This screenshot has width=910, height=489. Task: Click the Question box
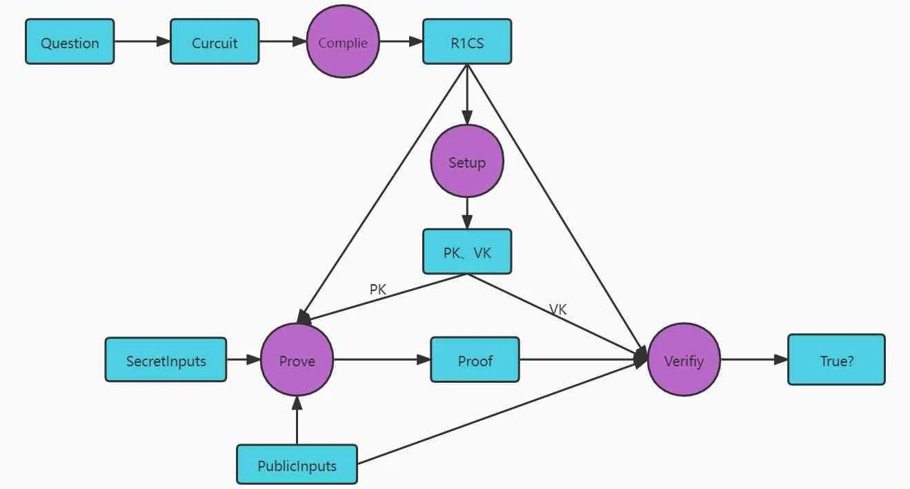(70, 42)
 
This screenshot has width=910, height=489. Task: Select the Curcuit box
(215, 42)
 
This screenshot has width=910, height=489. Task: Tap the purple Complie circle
(343, 42)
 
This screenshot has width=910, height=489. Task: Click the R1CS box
(467, 42)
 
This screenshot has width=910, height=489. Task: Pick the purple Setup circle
(467, 162)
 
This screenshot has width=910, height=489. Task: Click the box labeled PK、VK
(467, 252)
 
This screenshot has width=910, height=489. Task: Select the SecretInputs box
(166, 359)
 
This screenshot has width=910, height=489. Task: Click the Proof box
(475, 359)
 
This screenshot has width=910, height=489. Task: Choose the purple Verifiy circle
(684, 359)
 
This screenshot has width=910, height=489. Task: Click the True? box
(836, 359)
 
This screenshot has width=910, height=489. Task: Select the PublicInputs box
(297, 465)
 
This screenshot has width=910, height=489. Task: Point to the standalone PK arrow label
(377, 290)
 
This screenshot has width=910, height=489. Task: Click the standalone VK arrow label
(558, 310)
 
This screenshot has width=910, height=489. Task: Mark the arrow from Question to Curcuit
(142, 42)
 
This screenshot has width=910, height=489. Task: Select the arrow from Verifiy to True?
(754, 359)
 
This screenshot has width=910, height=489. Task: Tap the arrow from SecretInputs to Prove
(244, 359)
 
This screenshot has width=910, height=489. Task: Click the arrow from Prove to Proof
(382, 359)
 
